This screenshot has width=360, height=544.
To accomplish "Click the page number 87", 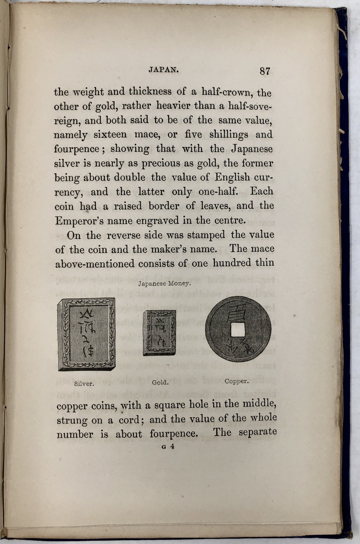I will point(265,71).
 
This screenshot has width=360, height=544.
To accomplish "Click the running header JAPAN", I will point(164,70).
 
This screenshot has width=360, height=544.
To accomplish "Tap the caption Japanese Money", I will point(164,284).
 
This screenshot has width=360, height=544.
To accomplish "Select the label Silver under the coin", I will point(84,383).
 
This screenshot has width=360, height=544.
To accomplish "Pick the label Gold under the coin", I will point(160,382).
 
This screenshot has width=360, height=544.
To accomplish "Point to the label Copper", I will point(236,381).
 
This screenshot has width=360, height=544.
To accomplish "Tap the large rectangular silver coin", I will point(87,334).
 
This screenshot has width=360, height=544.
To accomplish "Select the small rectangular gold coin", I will point(160,333).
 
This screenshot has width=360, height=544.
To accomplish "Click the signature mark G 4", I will point(168,447).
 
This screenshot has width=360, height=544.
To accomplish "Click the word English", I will point(232,178).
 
